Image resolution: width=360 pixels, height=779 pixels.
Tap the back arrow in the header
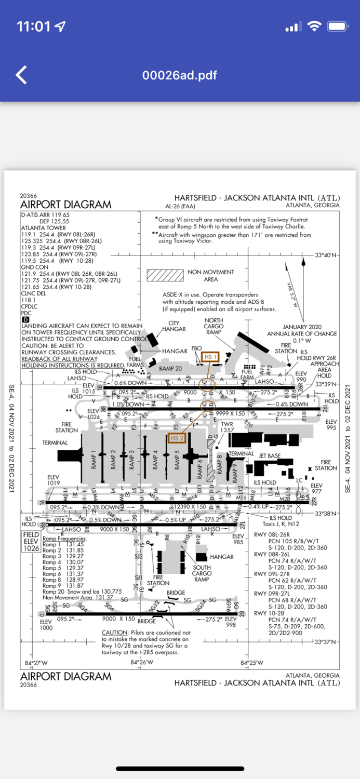(x=21, y=75)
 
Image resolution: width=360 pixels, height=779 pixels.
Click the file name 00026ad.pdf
(x=180, y=75)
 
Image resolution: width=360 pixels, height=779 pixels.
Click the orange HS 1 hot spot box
(x=209, y=357)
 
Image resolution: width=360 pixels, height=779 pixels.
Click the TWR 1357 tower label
(x=227, y=427)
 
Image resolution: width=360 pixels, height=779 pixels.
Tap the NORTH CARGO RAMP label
(x=214, y=326)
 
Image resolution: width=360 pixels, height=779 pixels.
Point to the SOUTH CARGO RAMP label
(x=202, y=573)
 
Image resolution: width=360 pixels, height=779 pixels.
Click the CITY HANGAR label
(x=174, y=326)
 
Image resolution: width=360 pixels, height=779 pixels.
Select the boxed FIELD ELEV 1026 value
(x=31, y=541)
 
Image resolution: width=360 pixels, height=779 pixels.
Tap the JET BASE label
(x=270, y=455)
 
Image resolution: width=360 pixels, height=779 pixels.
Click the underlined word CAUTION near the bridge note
(x=115, y=633)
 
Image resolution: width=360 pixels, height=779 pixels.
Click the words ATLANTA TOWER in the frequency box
(x=43, y=227)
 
